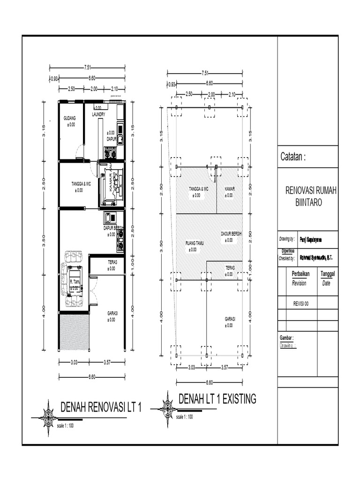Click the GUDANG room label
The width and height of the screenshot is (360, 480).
[x=69, y=118]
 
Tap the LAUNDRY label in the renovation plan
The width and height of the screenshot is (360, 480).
[x=98, y=114]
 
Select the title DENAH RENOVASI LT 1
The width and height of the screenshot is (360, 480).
[x=101, y=407]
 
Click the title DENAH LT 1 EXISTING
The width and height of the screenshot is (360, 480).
[x=217, y=399]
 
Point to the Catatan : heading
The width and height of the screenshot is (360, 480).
[x=293, y=157]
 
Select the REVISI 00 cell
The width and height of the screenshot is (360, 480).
[x=300, y=303]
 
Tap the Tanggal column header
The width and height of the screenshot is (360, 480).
[x=328, y=274]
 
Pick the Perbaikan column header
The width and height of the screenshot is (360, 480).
[x=300, y=274]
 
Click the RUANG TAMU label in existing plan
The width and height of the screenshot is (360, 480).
[x=193, y=243]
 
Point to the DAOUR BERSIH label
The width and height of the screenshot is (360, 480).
[x=231, y=233]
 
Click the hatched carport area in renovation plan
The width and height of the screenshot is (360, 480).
[x=74, y=332]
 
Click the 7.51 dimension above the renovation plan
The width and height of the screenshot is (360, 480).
[x=87, y=66]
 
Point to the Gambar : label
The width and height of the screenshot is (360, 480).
[x=286, y=337]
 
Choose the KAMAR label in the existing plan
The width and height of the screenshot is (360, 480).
[x=229, y=188]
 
